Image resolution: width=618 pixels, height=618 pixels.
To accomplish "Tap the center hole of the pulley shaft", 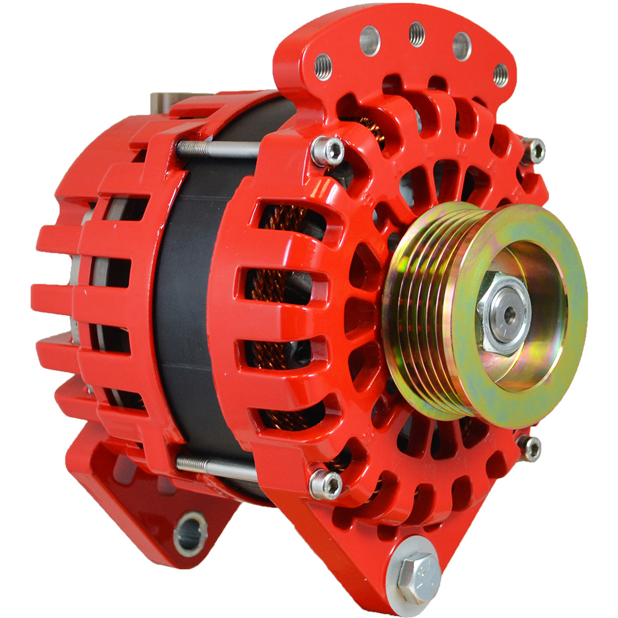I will pyautogui.click(x=509, y=313).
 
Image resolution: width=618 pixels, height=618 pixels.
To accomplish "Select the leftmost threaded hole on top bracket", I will pyautogui.click(x=323, y=67).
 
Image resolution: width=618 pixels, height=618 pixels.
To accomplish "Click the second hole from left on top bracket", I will pyautogui.click(x=369, y=41).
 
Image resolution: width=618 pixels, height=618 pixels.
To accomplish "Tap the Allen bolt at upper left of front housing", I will pyautogui.click(x=328, y=150).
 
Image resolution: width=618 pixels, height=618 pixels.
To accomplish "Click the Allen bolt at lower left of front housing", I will pyautogui.click(x=326, y=484).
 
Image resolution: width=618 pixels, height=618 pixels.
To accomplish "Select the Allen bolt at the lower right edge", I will pyautogui.click(x=530, y=447).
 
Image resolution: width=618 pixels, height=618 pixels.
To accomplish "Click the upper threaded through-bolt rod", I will pyautogui.click(x=216, y=148).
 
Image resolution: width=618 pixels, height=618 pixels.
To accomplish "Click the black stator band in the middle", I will pyautogui.click(x=185, y=309).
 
